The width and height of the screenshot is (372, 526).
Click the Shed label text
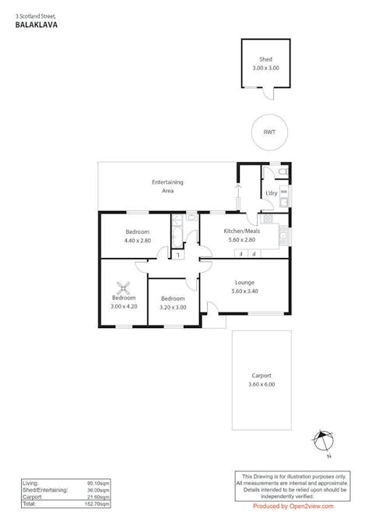coord(265,60)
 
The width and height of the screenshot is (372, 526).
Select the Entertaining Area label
coord(167,186)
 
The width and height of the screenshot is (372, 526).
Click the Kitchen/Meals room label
coord(241,232)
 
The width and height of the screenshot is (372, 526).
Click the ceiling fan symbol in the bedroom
coord(123,286)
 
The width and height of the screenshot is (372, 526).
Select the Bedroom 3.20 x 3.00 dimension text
coord(172,307)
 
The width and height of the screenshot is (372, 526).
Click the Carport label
coord(261,376)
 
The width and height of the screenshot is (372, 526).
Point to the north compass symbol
coord(323,440)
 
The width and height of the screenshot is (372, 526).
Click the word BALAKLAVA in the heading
coord(30,25)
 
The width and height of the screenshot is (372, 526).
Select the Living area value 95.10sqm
coord(96,483)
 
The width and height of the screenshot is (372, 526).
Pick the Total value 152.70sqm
coord(94,504)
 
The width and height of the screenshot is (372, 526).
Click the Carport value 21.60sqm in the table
coord(96,497)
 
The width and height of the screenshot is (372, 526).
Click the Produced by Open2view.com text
coord(293,506)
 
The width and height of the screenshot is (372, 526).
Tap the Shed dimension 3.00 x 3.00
coord(265,69)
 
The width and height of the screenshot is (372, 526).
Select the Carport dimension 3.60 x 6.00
coord(261,384)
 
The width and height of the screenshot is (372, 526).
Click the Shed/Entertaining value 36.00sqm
coord(96,490)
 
